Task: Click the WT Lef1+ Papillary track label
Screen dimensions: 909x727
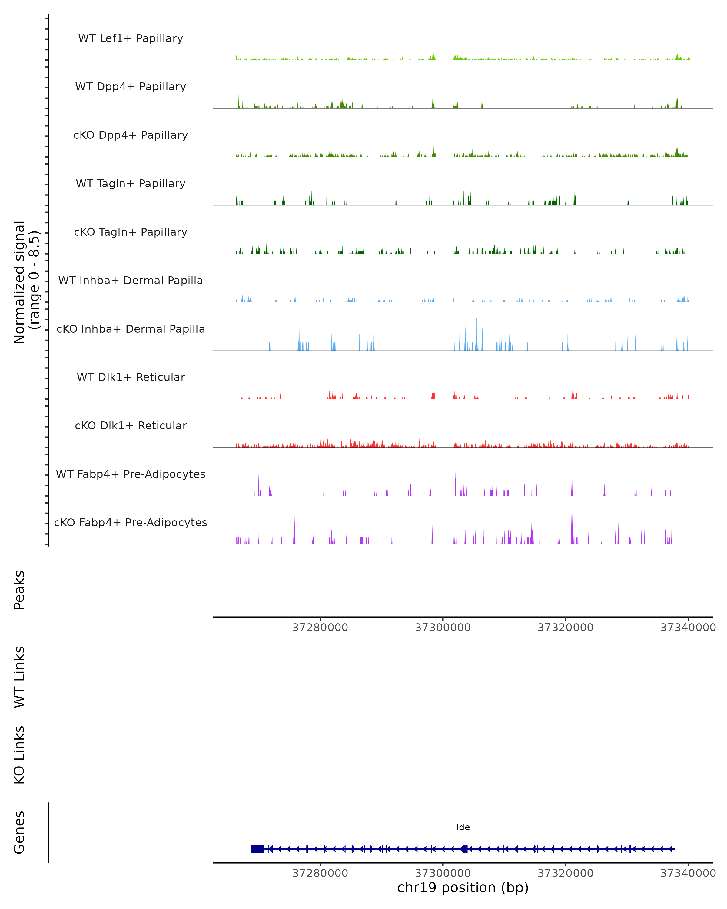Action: (x=131, y=38)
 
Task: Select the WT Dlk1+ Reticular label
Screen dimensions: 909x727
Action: (x=131, y=377)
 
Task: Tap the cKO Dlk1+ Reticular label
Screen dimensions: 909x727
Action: (x=131, y=425)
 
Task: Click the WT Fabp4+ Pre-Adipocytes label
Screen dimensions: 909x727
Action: (x=131, y=474)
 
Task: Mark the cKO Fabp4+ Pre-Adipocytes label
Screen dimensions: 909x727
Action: (x=131, y=522)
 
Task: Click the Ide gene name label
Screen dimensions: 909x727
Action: (x=463, y=827)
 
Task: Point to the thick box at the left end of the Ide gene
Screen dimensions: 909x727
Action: (x=257, y=849)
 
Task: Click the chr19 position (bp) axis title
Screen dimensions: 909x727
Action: (x=463, y=887)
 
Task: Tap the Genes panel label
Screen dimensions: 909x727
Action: (x=19, y=832)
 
